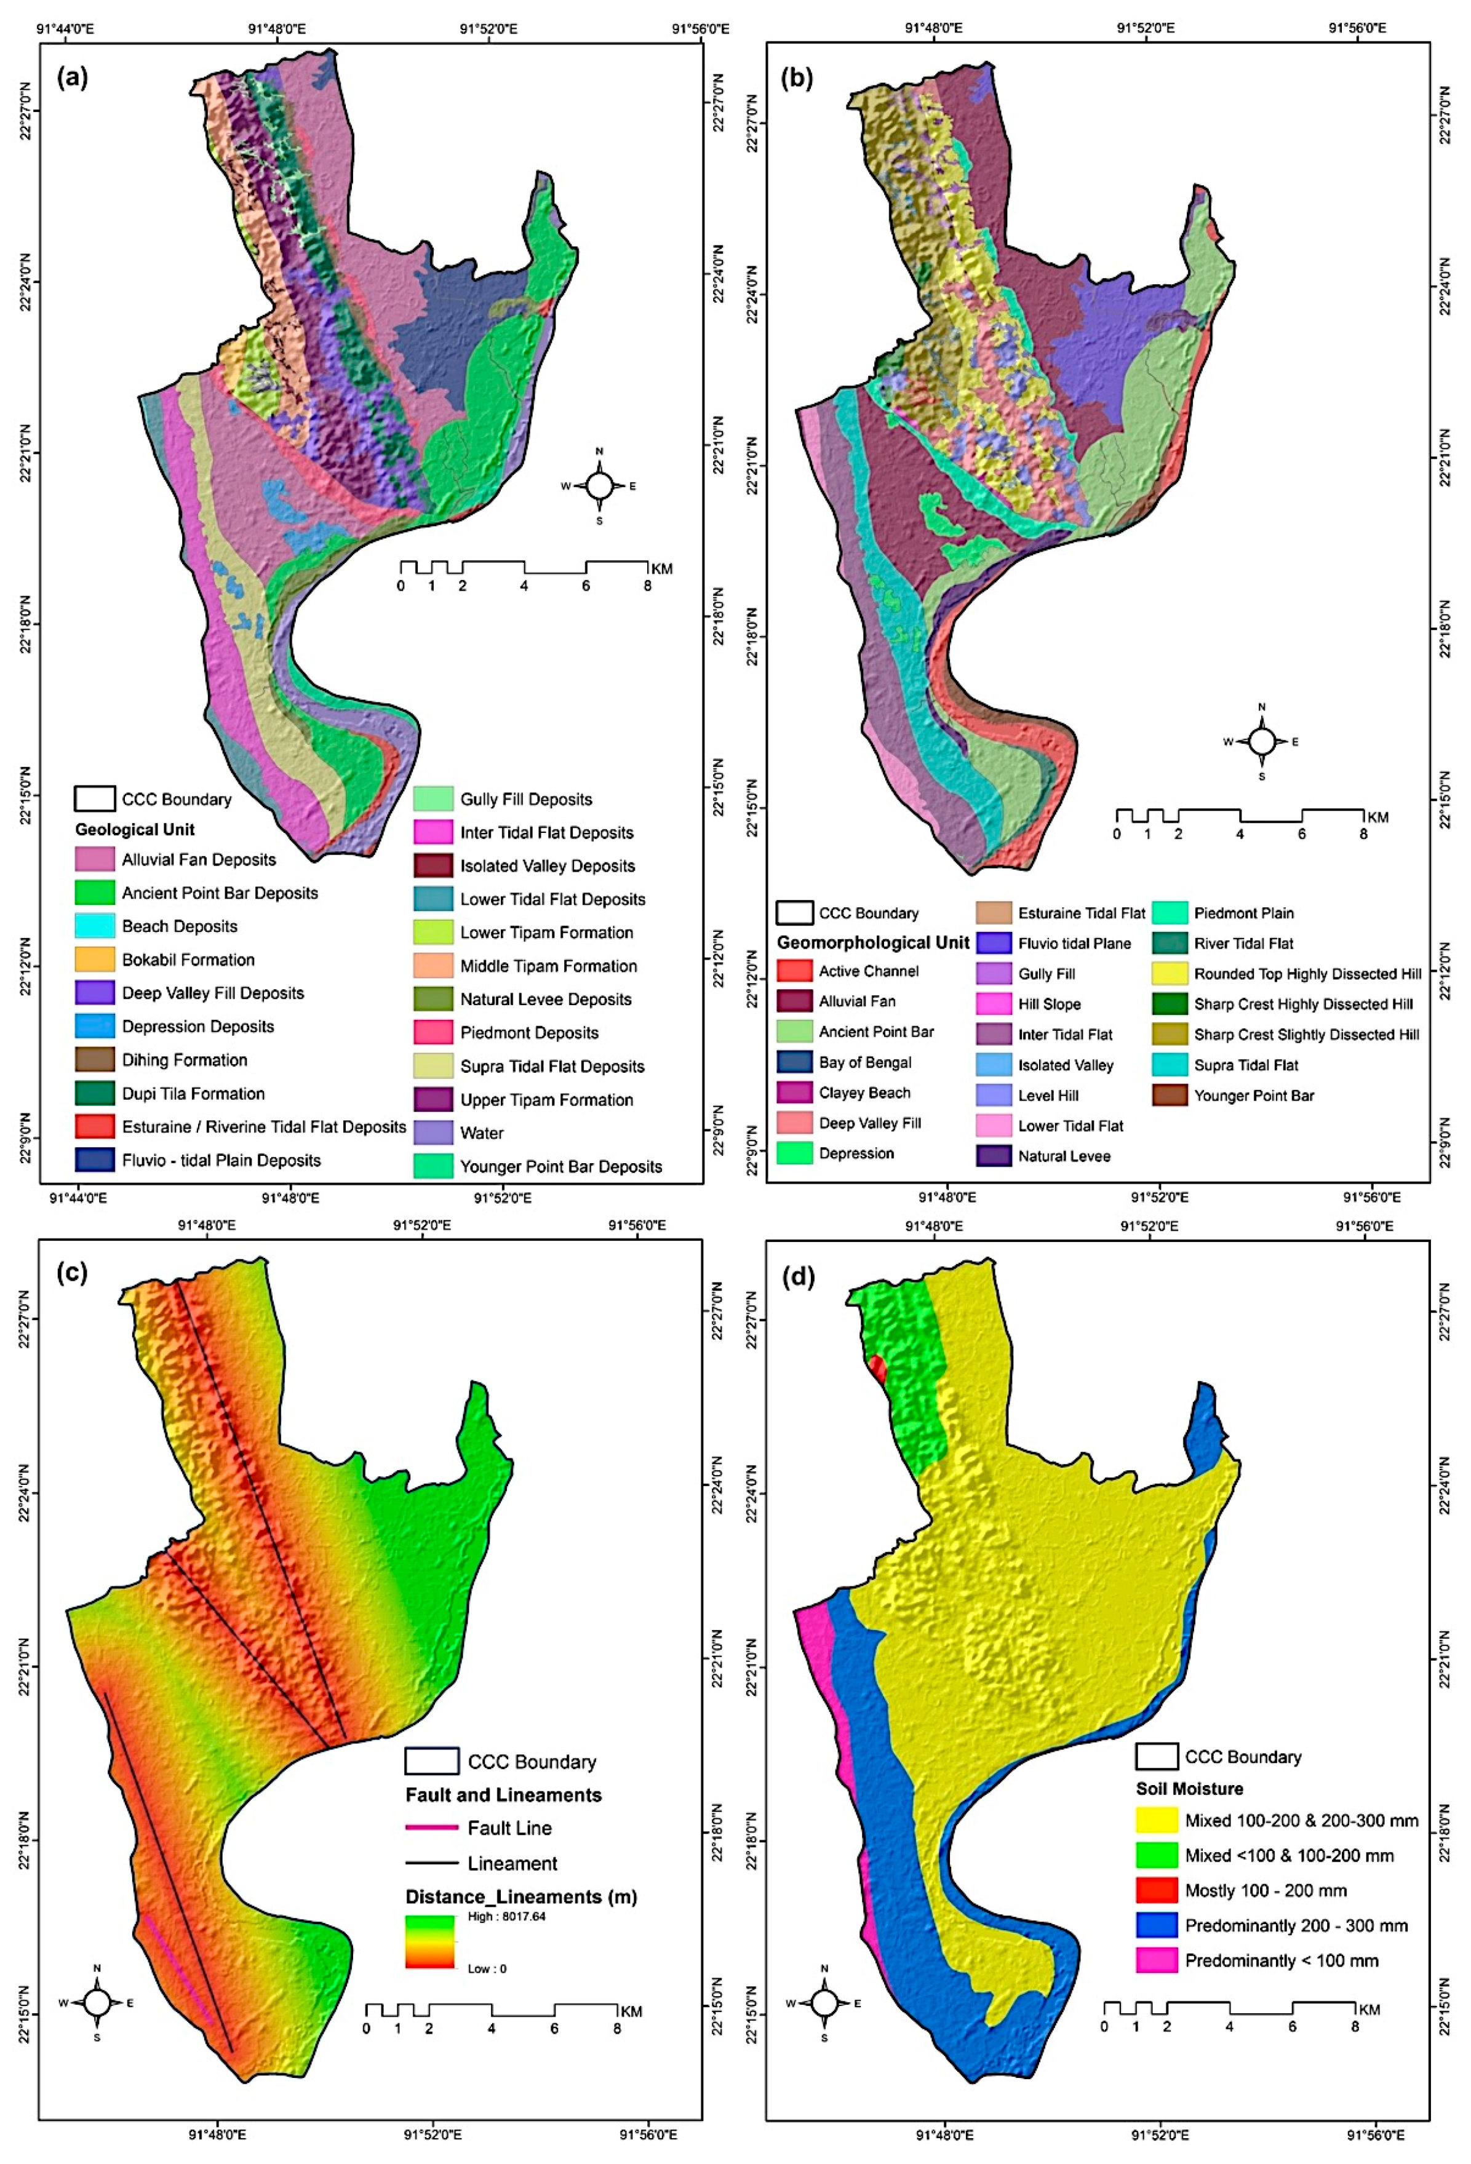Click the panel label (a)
click(x=72, y=78)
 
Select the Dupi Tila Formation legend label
click(x=193, y=1093)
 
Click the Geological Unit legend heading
click(x=134, y=829)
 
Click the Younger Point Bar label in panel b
click(x=1253, y=1095)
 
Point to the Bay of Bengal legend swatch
click(x=794, y=1062)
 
